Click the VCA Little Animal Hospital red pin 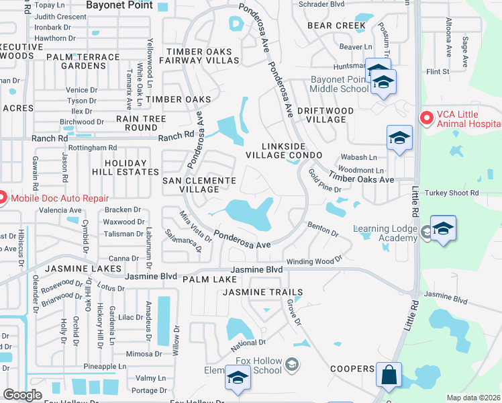(x=425, y=118)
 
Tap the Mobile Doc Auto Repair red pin (x=2, y=197)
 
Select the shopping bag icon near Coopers (x=389, y=375)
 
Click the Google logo (x=22, y=395)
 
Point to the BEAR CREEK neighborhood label (x=336, y=26)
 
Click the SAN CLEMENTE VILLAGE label (x=199, y=185)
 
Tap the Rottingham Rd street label (x=93, y=148)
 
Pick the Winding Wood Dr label (x=314, y=261)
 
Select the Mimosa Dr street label (x=144, y=353)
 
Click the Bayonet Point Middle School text (x=340, y=84)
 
